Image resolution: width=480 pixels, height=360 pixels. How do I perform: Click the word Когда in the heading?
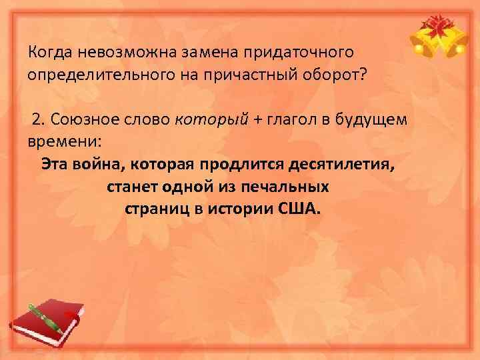51,52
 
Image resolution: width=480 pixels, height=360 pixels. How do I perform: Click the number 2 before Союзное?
37,119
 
